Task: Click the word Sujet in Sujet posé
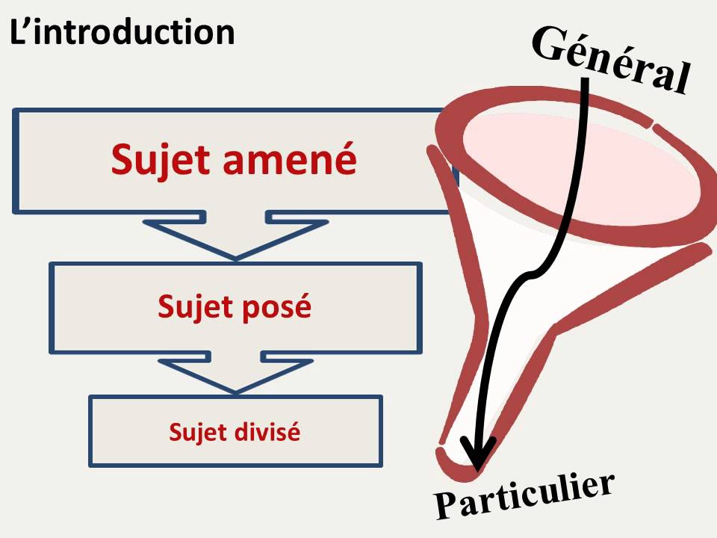193,306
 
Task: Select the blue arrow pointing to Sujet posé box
235,235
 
